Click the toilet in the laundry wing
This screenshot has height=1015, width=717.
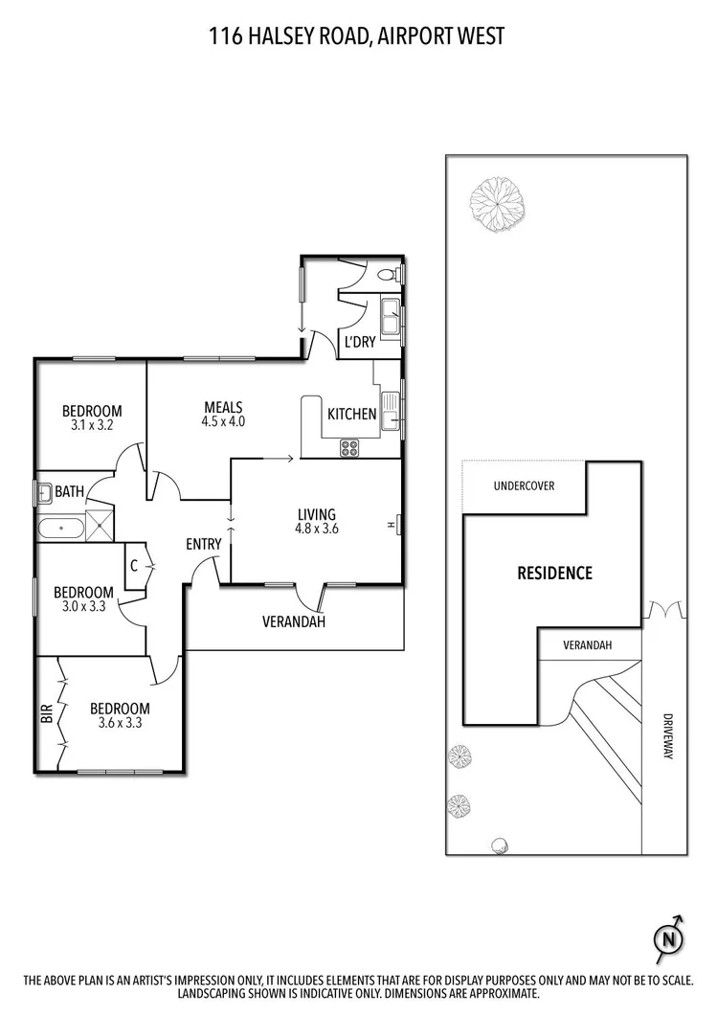(x=388, y=275)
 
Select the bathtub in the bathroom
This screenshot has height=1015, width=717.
(x=60, y=527)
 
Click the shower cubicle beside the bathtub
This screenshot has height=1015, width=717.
(x=100, y=527)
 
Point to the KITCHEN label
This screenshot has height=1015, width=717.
(x=352, y=415)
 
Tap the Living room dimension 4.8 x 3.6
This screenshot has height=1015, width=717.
(x=317, y=528)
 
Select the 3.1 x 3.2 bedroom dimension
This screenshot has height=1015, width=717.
(x=91, y=426)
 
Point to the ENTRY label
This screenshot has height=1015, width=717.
(x=204, y=544)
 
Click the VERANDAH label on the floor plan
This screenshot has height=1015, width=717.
(x=294, y=621)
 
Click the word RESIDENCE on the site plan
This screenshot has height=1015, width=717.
(x=555, y=574)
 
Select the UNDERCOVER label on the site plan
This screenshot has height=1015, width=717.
(x=524, y=485)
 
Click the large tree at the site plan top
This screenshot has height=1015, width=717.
(x=494, y=201)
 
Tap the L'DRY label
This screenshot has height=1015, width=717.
(x=360, y=342)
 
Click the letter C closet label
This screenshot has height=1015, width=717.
(x=135, y=566)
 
